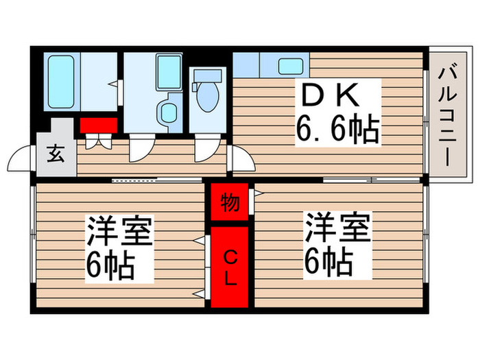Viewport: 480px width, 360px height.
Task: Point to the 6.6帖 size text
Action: [x=337, y=128]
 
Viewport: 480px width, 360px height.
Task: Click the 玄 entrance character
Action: [x=56, y=153]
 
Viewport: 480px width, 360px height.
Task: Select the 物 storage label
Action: [x=230, y=203]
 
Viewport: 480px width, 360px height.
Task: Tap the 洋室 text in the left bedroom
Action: [x=119, y=230]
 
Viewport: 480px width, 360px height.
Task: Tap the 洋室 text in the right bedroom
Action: [x=338, y=228]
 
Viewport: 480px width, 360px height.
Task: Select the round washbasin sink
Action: [x=165, y=112]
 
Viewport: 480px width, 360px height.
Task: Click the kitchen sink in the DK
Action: [x=291, y=67]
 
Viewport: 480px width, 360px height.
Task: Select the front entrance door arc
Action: [x=21, y=162]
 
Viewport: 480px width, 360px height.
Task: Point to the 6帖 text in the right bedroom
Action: [x=329, y=261]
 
